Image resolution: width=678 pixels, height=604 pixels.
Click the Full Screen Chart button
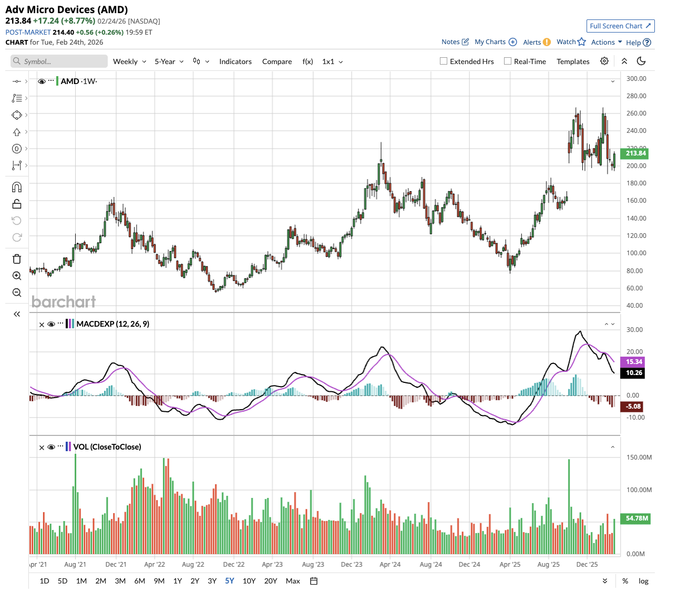620,26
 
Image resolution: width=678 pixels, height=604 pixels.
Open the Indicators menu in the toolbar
235,61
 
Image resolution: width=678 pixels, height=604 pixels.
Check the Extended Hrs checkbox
444,61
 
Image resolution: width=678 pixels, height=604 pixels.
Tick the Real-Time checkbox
508,61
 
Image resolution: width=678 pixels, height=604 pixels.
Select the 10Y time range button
249,581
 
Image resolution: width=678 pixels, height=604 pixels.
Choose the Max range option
293,581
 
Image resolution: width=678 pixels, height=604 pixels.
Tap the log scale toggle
643,581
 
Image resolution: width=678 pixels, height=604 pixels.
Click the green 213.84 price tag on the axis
635,153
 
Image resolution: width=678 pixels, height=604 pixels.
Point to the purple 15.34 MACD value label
634,362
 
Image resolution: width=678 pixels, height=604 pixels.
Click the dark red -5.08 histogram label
633,407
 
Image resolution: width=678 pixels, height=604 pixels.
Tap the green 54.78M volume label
636,518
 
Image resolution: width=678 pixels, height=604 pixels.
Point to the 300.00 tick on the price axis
636,79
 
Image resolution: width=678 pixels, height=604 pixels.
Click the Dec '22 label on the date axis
234,565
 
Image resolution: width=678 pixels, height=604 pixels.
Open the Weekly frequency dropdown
129,61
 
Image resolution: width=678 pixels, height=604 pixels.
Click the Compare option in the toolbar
277,61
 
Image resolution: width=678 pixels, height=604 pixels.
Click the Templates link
573,61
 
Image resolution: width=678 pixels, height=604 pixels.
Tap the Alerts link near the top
532,42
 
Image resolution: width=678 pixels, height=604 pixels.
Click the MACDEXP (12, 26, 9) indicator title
112,324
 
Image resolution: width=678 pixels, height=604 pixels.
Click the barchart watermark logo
64,301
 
